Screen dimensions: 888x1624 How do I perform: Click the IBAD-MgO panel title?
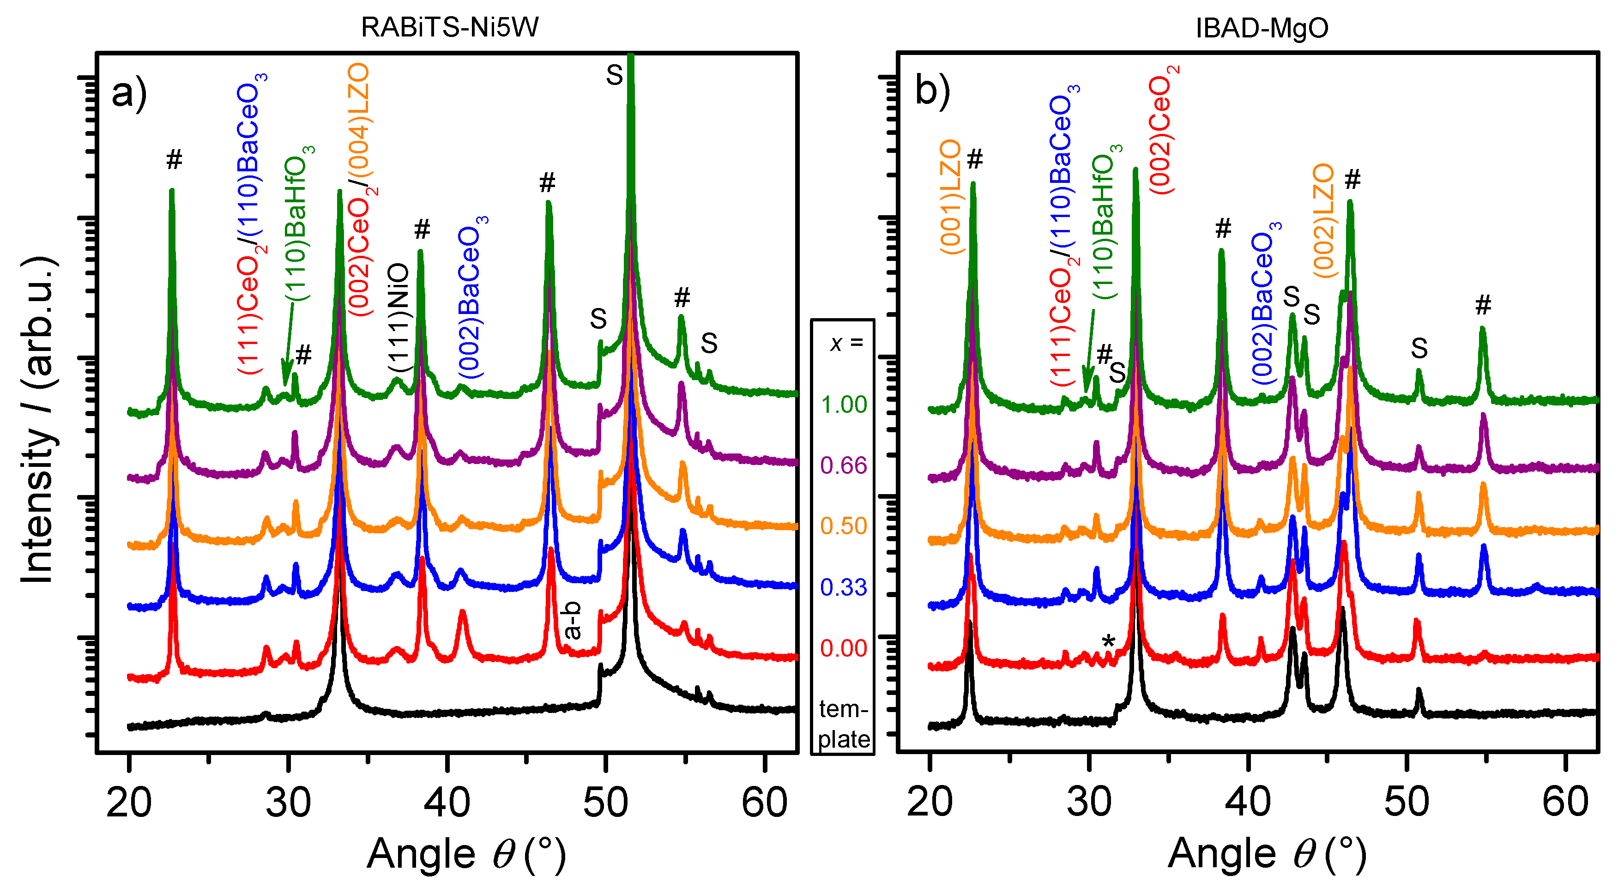point(1262,28)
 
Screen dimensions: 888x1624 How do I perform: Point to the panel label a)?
point(129,93)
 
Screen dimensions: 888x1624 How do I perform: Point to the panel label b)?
point(932,91)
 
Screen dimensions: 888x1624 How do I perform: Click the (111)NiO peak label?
point(398,319)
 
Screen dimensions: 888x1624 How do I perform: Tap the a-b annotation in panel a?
point(572,621)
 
